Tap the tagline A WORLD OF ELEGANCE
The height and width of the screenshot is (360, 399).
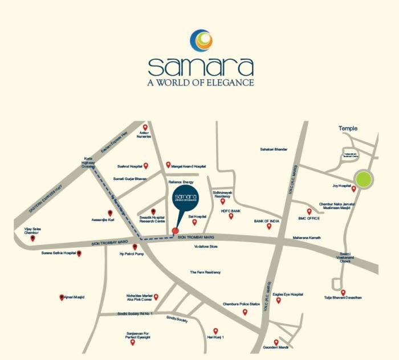coord(200,83)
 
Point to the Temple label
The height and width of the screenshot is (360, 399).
coord(348,129)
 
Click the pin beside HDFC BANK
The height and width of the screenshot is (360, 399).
coord(231,216)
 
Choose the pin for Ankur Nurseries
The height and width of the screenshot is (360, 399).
coord(145,128)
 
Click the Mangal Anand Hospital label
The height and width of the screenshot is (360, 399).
coord(189,166)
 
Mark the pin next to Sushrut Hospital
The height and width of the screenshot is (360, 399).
coord(146,166)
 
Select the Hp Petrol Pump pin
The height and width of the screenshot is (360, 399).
coord(135,247)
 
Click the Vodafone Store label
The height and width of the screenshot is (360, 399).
coord(206,247)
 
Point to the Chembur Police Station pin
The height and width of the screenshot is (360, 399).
coord(245,312)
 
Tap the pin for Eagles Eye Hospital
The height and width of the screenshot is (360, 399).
coord(279,300)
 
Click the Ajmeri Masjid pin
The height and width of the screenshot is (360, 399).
coord(62,297)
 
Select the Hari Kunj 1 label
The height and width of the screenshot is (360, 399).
coord(215,338)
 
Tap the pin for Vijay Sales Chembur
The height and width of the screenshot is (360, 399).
coord(33,238)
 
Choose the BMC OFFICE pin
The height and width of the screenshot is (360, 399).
coord(310,211)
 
